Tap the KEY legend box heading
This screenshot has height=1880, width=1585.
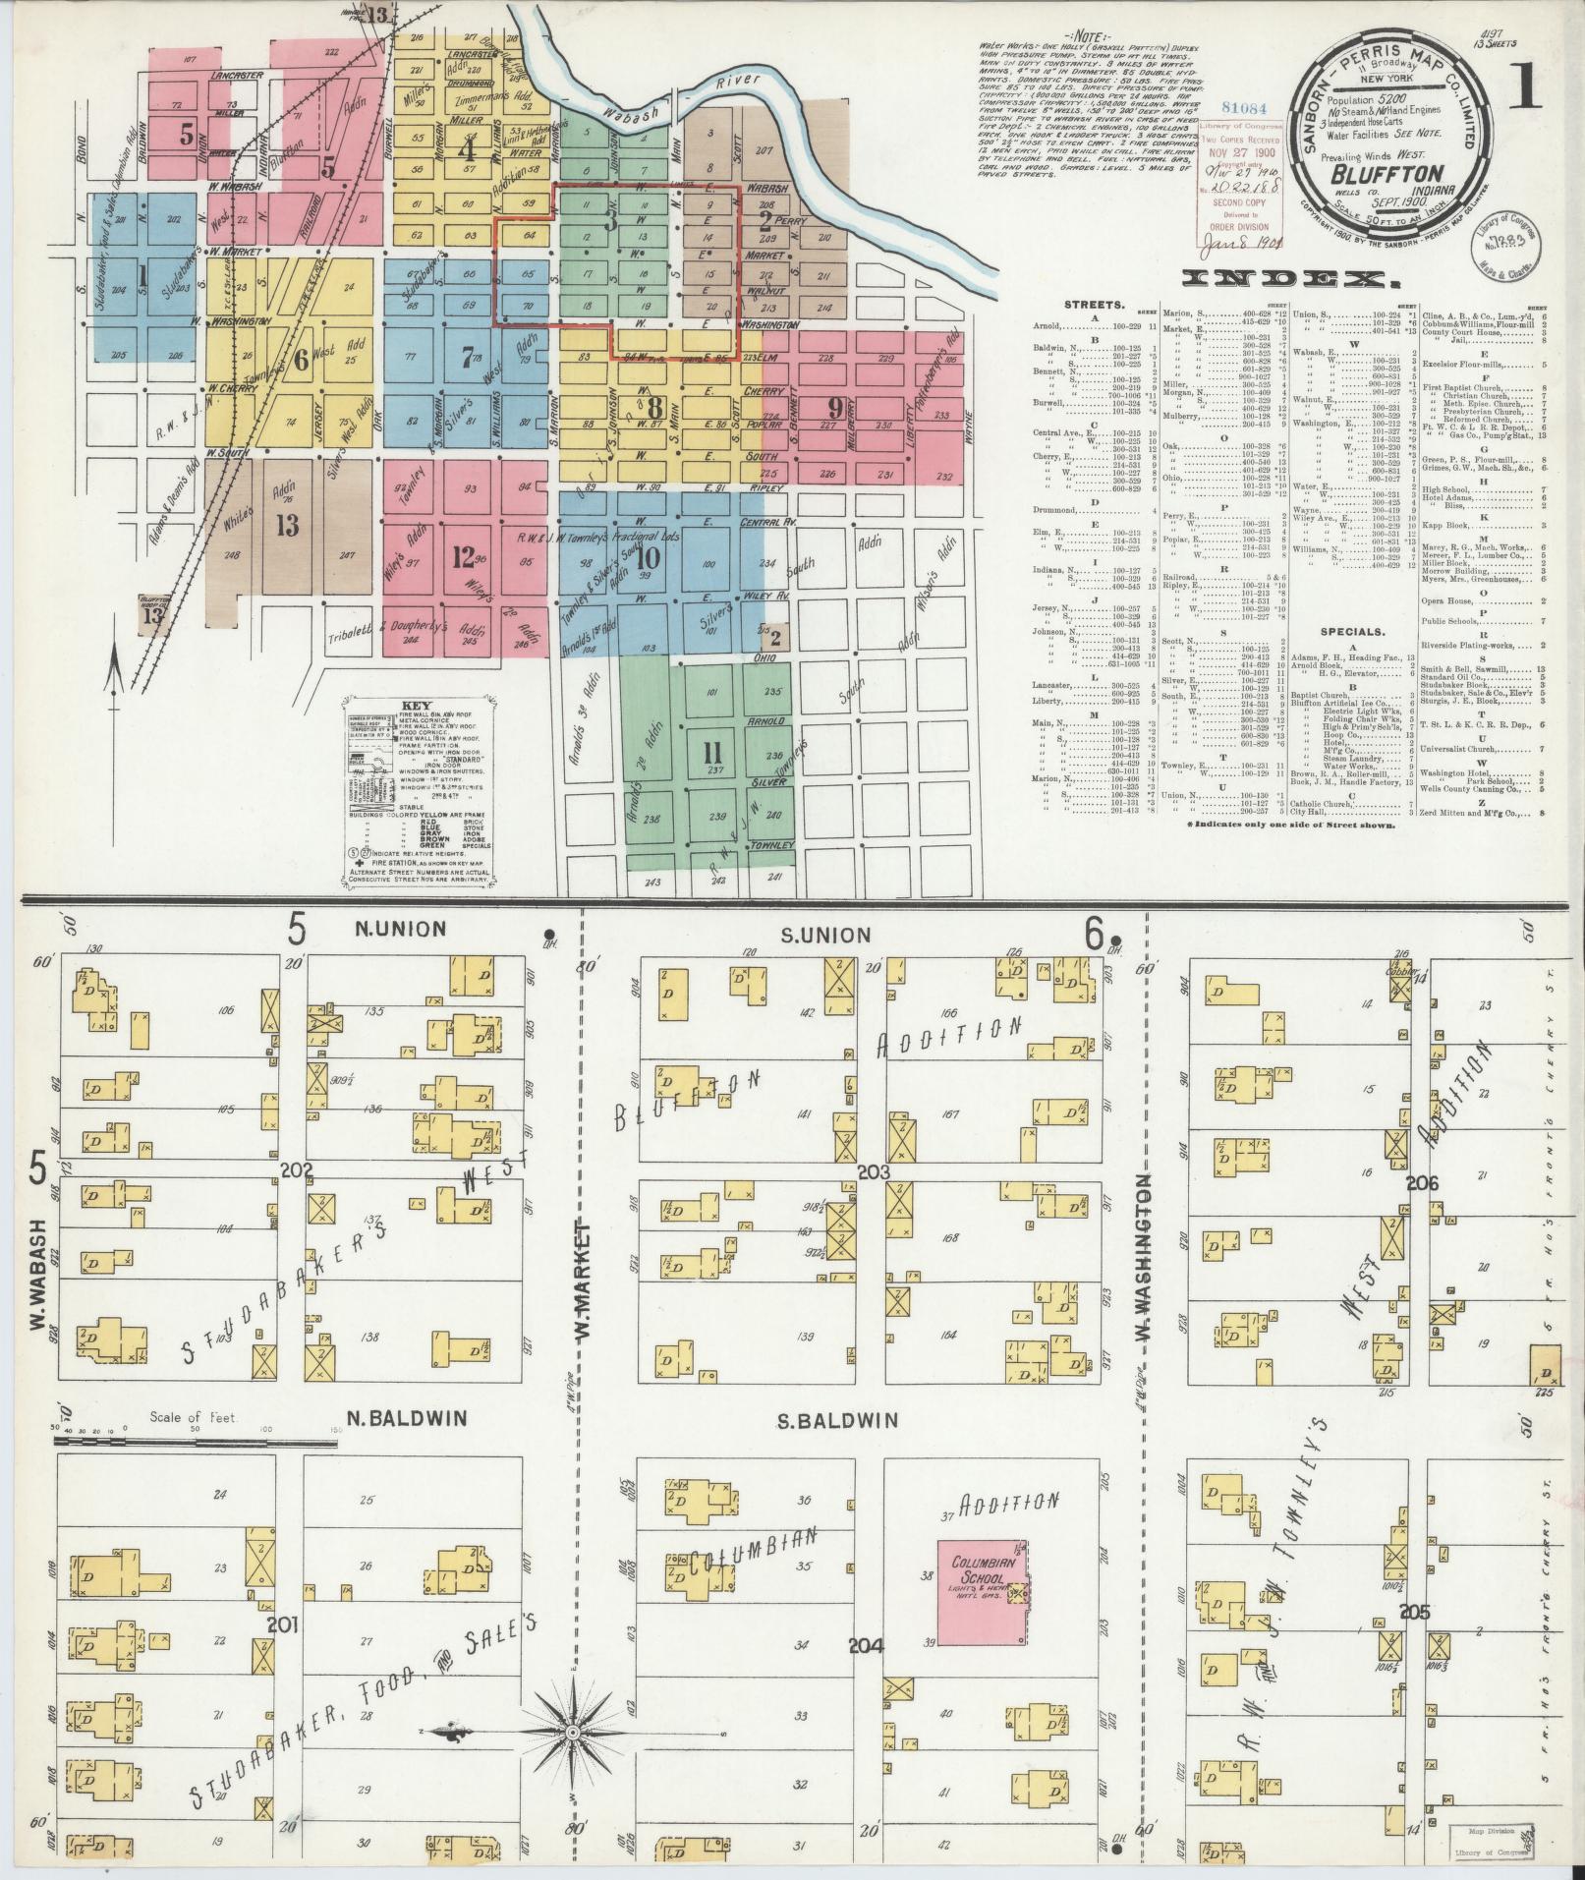coord(418,706)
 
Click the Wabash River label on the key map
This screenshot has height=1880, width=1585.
coord(688,100)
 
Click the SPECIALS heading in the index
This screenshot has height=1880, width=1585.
coord(1353,631)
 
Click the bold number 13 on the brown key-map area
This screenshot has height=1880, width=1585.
coord(287,526)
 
